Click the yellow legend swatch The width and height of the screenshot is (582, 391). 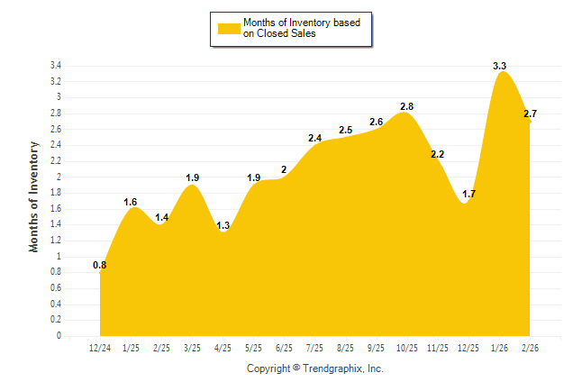pyautogui.click(x=228, y=28)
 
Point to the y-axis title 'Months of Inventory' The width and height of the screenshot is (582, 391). pyautogui.click(x=34, y=195)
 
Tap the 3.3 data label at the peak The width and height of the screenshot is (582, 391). pyautogui.click(x=499, y=66)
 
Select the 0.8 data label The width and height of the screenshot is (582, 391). pyautogui.click(x=100, y=265)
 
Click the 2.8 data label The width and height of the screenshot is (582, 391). pyautogui.click(x=406, y=107)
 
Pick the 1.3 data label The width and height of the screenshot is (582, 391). pyautogui.click(x=223, y=225)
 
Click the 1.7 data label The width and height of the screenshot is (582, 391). pyautogui.click(x=468, y=194)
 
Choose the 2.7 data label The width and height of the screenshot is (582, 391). pyautogui.click(x=530, y=114)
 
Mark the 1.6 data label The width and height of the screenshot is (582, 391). pyautogui.click(x=131, y=202)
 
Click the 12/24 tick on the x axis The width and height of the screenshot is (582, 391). pyautogui.click(x=100, y=348)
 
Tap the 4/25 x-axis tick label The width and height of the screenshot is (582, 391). pyautogui.click(x=223, y=348)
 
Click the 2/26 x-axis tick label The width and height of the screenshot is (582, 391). pyautogui.click(x=530, y=348)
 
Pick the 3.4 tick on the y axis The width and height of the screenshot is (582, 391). pyautogui.click(x=55, y=66)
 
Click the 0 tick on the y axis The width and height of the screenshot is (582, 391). pyautogui.click(x=59, y=336)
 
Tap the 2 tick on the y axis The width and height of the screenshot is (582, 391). pyautogui.click(x=59, y=177)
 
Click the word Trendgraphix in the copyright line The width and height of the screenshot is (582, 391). pyautogui.click(x=332, y=368)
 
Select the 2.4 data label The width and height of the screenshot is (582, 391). pyautogui.click(x=314, y=138)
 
